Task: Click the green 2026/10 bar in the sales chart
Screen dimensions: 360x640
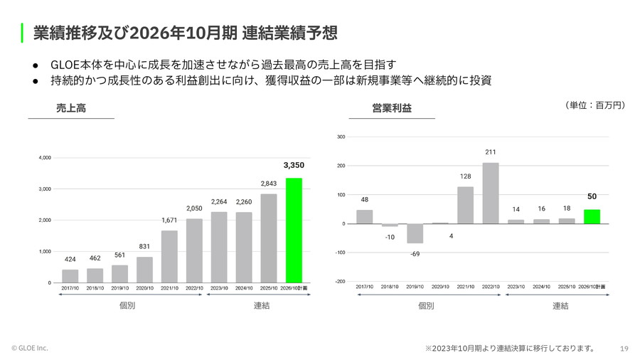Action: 294,230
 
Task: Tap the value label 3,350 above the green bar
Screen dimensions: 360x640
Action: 294,165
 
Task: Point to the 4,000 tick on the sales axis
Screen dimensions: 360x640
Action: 45,157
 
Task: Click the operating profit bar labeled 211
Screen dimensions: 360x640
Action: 491,194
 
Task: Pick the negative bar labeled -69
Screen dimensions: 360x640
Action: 415,233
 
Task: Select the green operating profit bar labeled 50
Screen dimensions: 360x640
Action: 592,216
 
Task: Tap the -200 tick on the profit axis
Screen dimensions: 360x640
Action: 341,282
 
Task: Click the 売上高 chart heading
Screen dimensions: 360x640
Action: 71,108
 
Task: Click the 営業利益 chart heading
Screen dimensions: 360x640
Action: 391,108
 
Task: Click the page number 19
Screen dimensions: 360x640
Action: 624,348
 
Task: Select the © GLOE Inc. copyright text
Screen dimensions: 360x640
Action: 30,348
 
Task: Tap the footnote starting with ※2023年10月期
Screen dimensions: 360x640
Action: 509,348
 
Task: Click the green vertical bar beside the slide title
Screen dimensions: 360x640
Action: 23,33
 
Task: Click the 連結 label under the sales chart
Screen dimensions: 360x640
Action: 262,306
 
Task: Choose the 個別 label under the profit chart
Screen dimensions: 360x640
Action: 425,306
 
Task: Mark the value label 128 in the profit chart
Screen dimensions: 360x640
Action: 465,176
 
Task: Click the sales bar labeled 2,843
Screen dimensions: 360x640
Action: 269,238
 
